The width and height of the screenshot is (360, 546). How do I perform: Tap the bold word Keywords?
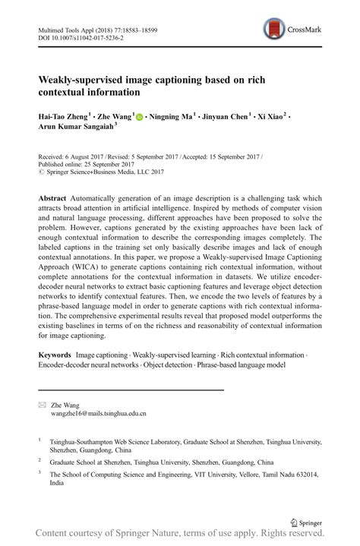pyautogui.click(x=55, y=355)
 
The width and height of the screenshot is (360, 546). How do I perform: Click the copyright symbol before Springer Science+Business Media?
pyautogui.click(x=40, y=171)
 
